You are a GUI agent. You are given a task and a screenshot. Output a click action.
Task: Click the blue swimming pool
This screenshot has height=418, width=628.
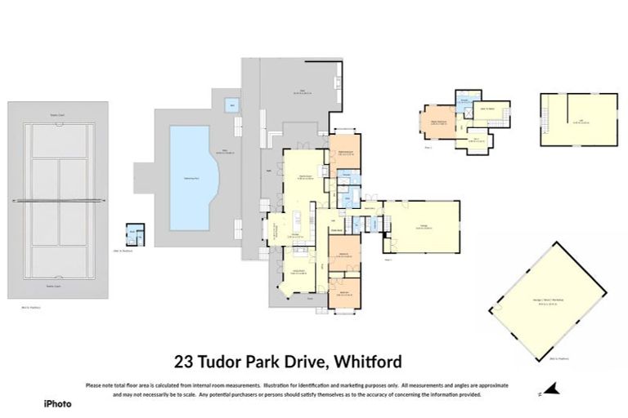click(x=195, y=176)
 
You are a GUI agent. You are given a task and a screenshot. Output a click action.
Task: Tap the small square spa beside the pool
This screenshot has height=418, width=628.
click(x=232, y=105)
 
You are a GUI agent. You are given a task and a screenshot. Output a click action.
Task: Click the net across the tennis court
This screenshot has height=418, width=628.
click(x=58, y=199)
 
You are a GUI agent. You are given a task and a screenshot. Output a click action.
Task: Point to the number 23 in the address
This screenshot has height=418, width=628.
click(x=184, y=360)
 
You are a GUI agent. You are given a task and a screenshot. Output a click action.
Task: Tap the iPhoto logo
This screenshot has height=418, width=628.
click(x=57, y=403)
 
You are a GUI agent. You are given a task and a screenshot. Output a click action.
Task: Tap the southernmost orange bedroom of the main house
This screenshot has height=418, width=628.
click(x=339, y=294)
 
